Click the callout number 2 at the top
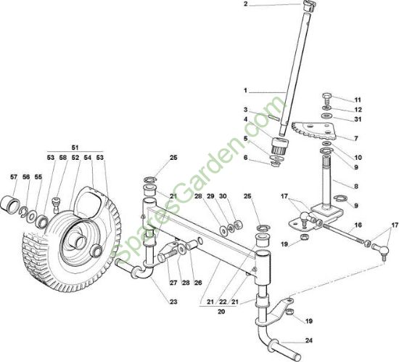pyautogui.click(x=245, y=4)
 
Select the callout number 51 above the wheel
pyautogui.click(x=75, y=148)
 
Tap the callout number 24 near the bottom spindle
pyautogui.click(x=308, y=341)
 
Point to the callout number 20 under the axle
pyautogui.click(x=221, y=312)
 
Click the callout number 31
pyautogui.click(x=358, y=119)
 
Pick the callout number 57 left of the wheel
pyautogui.click(x=14, y=177)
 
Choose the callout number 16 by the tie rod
pyautogui.click(x=358, y=225)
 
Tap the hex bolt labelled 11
pyautogui.click(x=326, y=98)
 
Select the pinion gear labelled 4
pyautogui.click(x=279, y=145)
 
